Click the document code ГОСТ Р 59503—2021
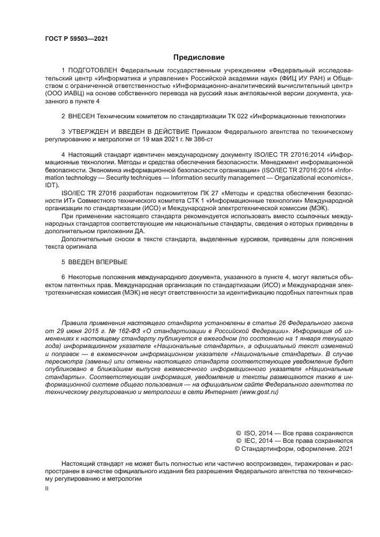point(76,38)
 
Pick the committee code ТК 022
point(233,115)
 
